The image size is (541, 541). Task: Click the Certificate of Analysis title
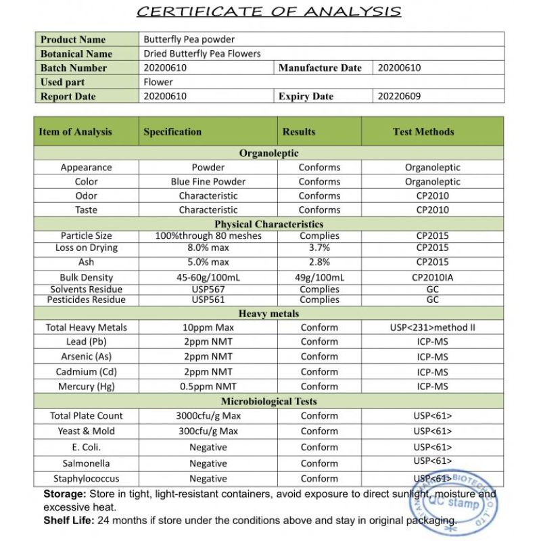point(268,11)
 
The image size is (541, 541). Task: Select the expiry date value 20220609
point(399,96)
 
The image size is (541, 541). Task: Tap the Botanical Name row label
point(76,54)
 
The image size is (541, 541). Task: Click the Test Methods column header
point(423,132)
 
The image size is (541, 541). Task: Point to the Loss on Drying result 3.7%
point(319,248)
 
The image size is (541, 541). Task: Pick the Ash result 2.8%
point(319,262)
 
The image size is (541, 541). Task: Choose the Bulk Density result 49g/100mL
point(319,277)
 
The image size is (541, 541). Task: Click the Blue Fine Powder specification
point(208,182)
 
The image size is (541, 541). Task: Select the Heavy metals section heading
point(268,314)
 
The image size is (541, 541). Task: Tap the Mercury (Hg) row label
point(86,387)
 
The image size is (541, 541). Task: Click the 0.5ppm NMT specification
point(208,387)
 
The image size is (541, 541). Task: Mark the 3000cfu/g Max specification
point(208,416)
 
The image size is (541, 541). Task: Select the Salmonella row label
point(86,464)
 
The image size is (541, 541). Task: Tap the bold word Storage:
point(65,494)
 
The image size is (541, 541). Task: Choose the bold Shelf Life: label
point(69,520)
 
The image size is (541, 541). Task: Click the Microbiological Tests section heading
point(268,402)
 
